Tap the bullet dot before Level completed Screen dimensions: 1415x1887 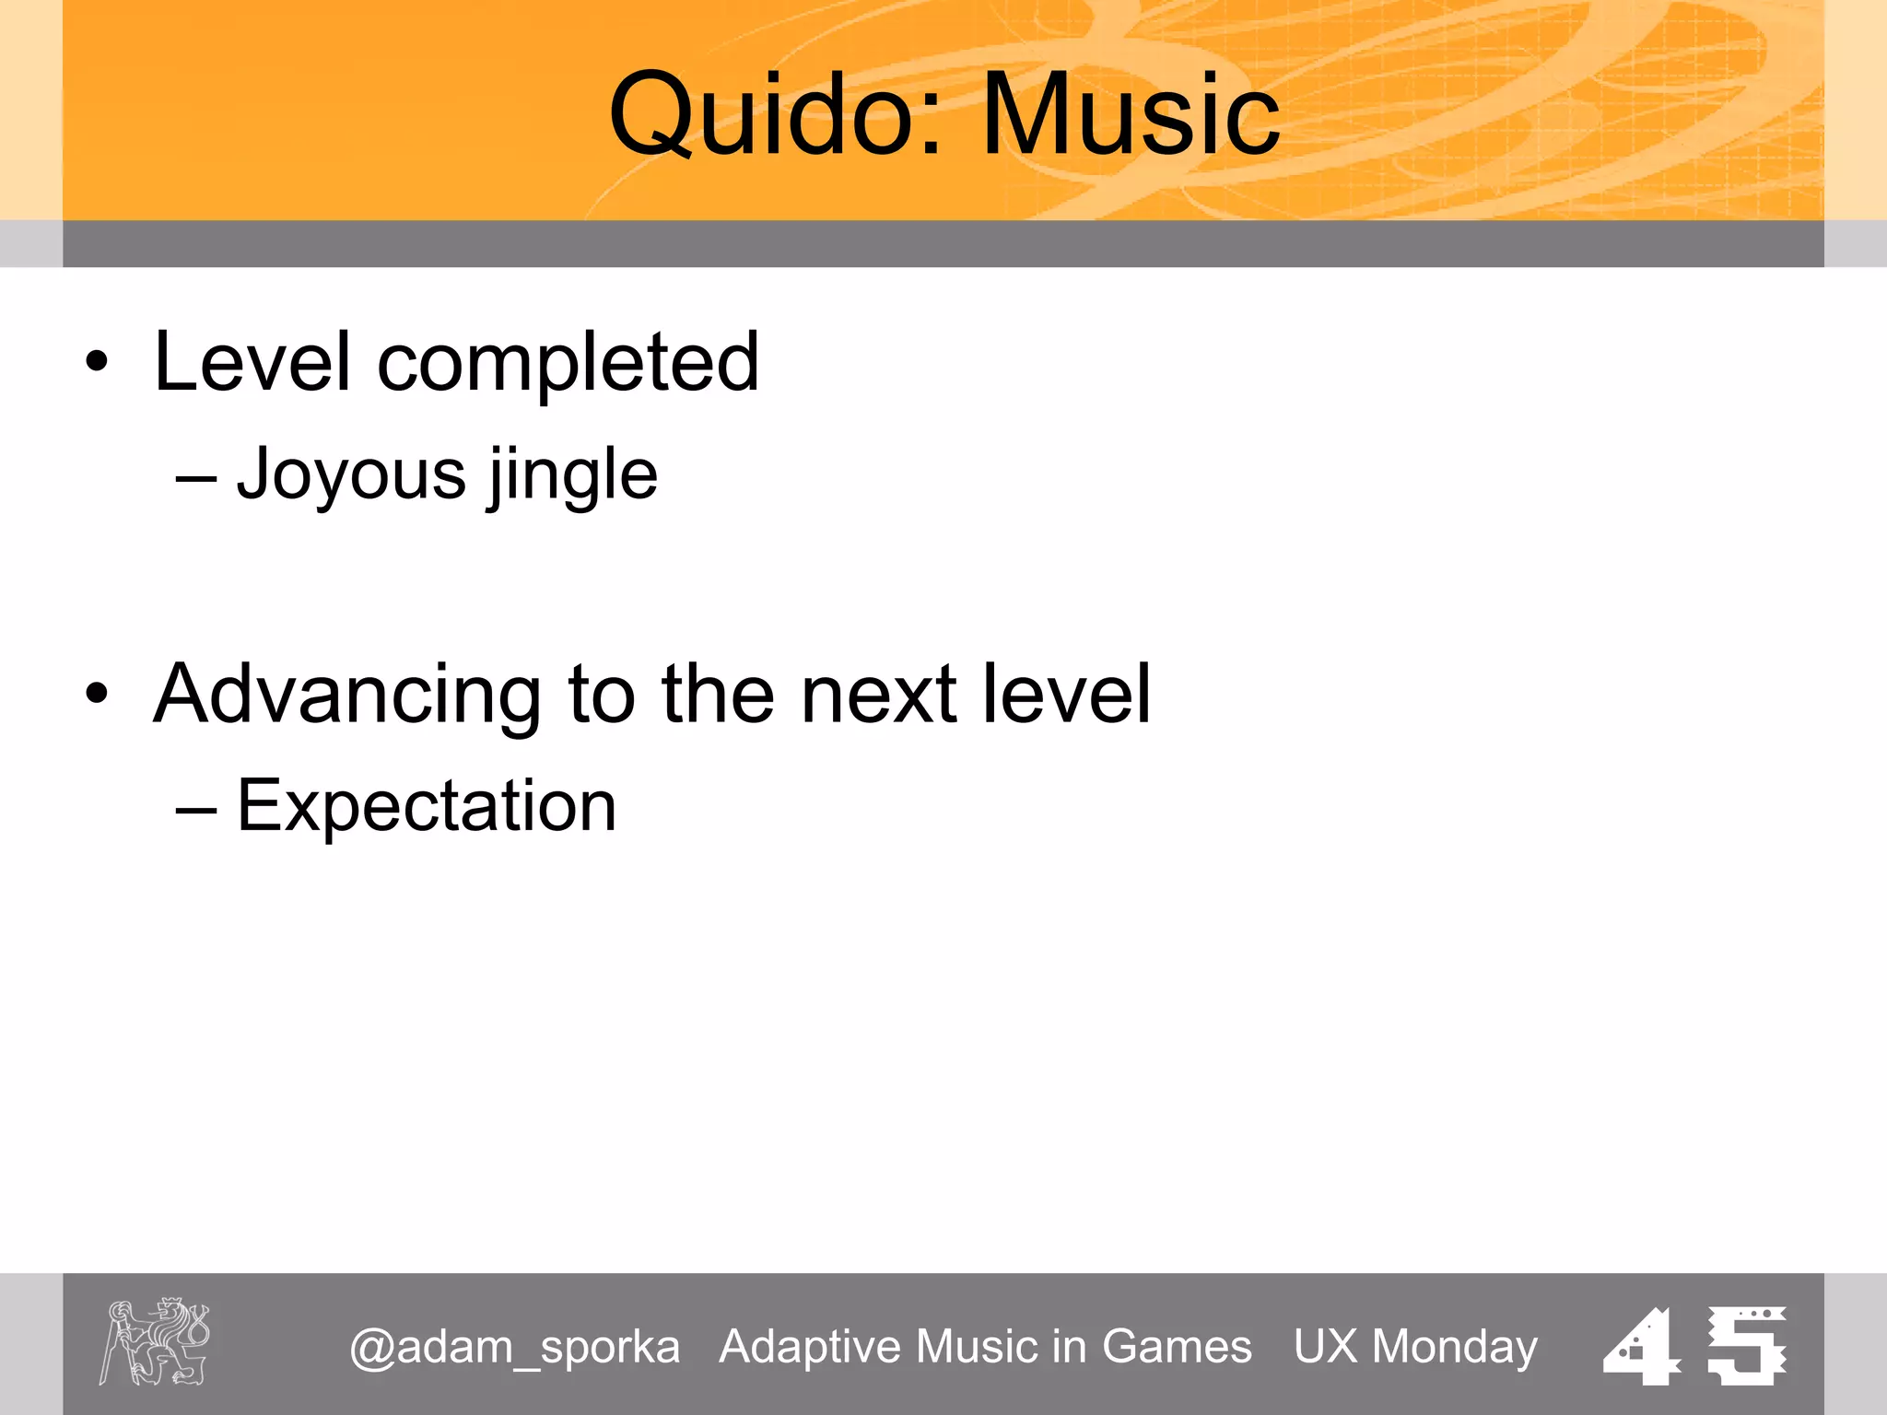click(x=97, y=362)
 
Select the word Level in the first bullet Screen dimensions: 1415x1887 click(x=252, y=362)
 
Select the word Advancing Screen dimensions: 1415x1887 click(x=347, y=696)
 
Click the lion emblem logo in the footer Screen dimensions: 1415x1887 click(x=155, y=1341)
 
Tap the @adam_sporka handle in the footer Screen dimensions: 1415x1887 click(x=514, y=1347)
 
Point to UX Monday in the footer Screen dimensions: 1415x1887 click(x=1415, y=1347)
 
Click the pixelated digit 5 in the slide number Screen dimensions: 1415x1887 click(x=1745, y=1345)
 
